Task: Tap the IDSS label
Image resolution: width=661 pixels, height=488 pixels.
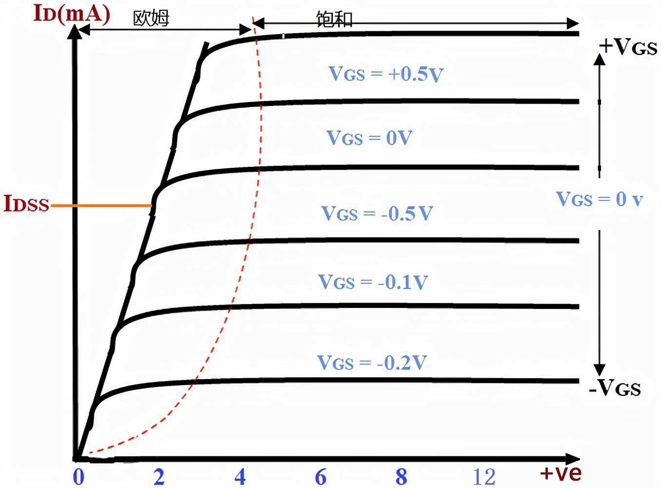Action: tap(27, 203)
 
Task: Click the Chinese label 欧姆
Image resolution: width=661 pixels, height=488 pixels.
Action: tap(151, 19)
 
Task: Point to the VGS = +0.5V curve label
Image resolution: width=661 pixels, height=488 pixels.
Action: tap(386, 74)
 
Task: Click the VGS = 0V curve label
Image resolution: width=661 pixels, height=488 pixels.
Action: tap(369, 138)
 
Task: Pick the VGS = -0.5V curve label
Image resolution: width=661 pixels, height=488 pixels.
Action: tap(377, 214)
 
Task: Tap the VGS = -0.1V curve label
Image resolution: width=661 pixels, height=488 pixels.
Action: tap(373, 282)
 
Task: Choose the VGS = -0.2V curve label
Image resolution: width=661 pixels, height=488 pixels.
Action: tap(372, 363)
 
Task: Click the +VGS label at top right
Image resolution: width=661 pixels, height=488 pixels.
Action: tap(628, 47)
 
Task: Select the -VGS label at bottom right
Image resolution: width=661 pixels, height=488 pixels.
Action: tap(615, 388)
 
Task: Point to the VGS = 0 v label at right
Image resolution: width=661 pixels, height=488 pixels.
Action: tap(599, 199)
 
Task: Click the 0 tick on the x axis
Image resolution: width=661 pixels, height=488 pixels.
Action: tap(78, 477)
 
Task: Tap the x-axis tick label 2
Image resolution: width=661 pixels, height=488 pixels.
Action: tap(159, 477)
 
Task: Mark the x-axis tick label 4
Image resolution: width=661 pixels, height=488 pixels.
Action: tap(240, 477)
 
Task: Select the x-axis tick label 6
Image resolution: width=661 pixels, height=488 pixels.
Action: tap(320, 477)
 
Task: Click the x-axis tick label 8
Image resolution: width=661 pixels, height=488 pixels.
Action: tap(401, 477)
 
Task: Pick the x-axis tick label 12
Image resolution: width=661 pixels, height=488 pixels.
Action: tap(484, 477)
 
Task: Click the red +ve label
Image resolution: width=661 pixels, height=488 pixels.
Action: tap(561, 473)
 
